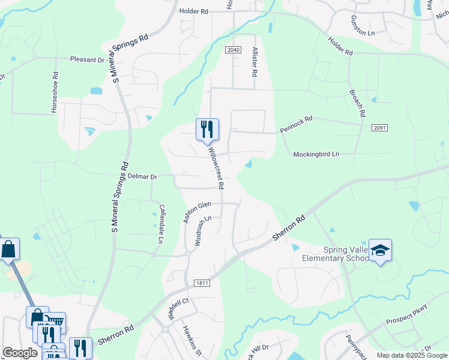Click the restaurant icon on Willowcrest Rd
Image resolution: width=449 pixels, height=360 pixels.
point(207,129)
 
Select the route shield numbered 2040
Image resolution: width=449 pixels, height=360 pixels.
point(234,49)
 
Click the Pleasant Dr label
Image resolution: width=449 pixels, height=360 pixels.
point(87,60)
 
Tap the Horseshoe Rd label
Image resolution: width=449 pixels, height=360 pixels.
point(55,93)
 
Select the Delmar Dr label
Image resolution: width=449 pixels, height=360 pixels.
point(142,177)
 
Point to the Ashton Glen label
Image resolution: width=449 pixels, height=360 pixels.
point(197,212)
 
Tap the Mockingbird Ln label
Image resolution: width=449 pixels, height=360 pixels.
point(316,154)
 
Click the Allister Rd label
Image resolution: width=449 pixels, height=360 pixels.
point(255,62)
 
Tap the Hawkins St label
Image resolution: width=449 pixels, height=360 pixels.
point(191,338)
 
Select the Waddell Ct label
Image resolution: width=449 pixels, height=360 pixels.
point(179,309)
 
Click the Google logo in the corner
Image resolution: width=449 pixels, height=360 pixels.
point(20,353)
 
